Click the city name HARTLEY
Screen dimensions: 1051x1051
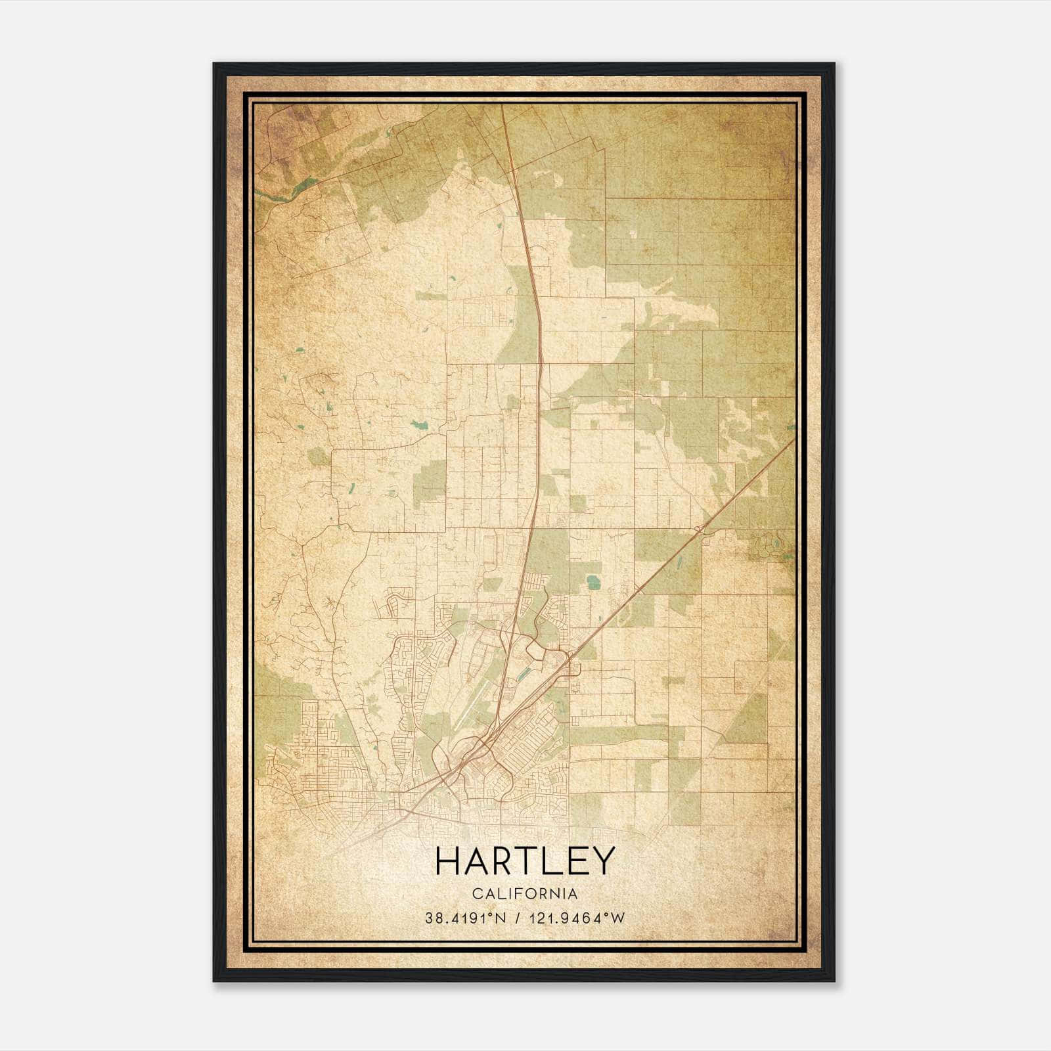coord(525,861)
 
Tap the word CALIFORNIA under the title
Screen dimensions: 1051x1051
coord(525,894)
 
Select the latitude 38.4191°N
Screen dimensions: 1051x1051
coord(465,918)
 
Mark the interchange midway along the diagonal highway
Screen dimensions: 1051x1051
coord(700,529)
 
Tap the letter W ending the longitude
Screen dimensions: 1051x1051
coord(618,918)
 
